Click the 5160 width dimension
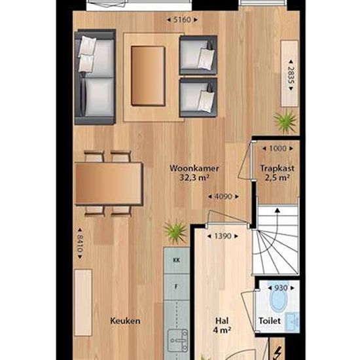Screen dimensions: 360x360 pos(182,20)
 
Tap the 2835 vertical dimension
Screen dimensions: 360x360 pos(291,75)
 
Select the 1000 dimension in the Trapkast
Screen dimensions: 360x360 pos(278,149)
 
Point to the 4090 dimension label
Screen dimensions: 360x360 pos(223,196)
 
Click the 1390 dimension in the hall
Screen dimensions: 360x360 pos(223,236)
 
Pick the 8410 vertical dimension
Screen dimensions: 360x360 pos(80,243)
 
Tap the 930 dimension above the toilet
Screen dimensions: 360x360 pos(281,288)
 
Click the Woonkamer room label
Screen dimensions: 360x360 pos(194,168)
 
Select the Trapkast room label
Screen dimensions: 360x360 pos(277,168)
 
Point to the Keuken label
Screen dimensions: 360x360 pos(125,321)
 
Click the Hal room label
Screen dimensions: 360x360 pos(222,321)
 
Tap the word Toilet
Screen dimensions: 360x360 pos(270,321)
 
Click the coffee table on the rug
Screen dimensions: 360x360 pos(148,76)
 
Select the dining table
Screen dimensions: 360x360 pos(109,183)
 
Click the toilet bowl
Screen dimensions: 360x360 pos(278,298)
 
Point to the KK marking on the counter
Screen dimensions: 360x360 pos(176,261)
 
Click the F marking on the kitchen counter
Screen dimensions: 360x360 pos(176,287)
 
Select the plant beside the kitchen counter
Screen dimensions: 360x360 pos(176,232)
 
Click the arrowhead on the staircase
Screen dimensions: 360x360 pos(278,210)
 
